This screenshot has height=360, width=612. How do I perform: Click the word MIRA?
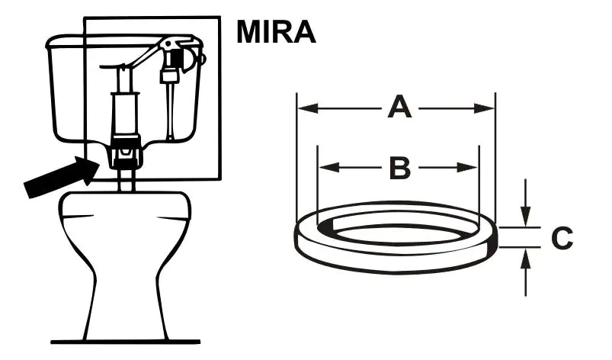click(x=276, y=31)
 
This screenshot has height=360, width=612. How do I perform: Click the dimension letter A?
click(x=399, y=107)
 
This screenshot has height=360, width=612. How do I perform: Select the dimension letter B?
click(x=400, y=168)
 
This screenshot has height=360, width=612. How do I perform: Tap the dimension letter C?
click(x=562, y=237)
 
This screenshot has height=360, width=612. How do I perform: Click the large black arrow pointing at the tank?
click(x=62, y=177)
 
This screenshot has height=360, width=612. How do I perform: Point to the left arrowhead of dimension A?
click(x=307, y=108)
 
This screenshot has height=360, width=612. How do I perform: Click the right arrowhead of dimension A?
click(x=485, y=108)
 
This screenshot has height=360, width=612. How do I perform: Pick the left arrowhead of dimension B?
click(x=328, y=168)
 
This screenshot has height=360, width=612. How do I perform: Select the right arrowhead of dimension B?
click(x=468, y=168)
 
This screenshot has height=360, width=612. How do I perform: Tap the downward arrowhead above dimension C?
click(x=526, y=217)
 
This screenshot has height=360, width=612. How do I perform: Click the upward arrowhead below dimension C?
click(x=526, y=258)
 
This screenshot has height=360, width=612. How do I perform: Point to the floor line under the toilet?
click(x=125, y=342)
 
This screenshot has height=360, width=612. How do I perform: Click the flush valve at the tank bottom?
click(x=125, y=149)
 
